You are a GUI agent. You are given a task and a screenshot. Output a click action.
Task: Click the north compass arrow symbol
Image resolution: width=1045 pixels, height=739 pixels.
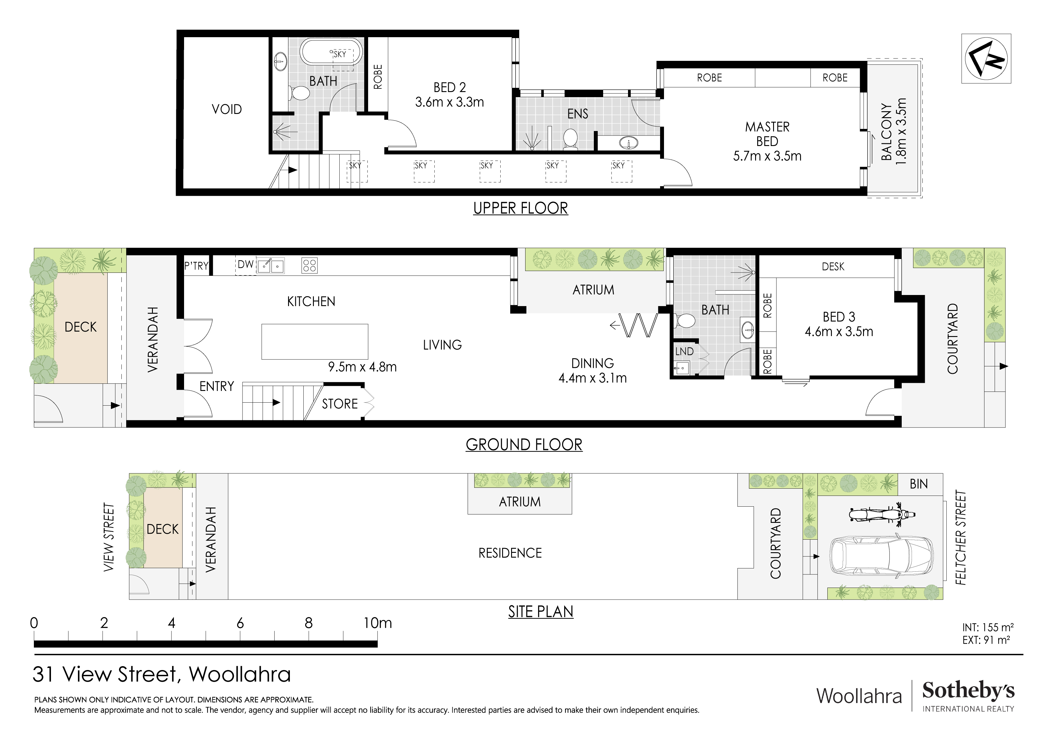(x=986, y=59)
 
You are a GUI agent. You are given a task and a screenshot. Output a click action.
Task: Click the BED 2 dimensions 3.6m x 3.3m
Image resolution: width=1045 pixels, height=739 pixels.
(x=449, y=103)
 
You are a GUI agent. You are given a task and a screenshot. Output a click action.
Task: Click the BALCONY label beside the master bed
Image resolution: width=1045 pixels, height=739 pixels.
(x=886, y=132)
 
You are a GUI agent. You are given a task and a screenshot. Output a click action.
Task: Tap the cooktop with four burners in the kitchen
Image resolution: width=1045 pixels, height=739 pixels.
(x=309, y=265)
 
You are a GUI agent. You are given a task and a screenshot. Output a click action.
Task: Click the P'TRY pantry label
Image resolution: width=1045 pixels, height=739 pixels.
(x=196, y=266)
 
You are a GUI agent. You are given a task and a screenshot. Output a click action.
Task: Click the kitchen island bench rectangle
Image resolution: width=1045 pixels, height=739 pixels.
(x=314, y=341)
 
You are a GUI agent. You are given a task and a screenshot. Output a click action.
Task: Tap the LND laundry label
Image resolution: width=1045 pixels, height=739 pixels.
(x=684, y=352)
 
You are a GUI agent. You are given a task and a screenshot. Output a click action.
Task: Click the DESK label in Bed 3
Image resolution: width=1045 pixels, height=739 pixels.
(x=833, y=267)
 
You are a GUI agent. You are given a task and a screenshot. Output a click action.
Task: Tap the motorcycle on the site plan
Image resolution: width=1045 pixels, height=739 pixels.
(x=882, y=515)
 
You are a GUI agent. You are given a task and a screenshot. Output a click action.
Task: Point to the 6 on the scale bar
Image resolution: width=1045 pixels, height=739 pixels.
(x=240, y=623)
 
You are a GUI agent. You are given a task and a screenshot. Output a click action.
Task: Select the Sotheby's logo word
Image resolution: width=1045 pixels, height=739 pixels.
(x=968, y=690)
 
